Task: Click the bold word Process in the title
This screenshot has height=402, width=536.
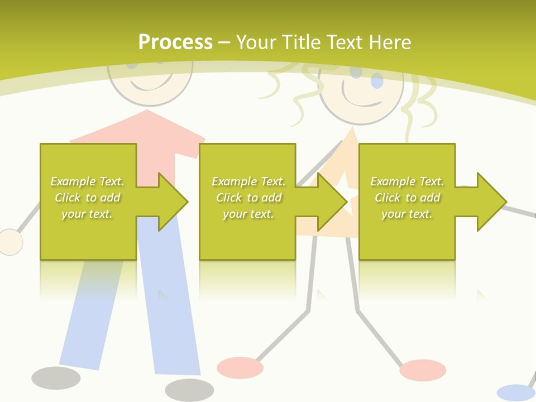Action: [175, 42]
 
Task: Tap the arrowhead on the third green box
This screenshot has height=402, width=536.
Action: [491, 202]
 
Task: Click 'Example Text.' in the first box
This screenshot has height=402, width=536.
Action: [88, 181]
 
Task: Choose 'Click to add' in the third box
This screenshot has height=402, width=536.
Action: [407, 198]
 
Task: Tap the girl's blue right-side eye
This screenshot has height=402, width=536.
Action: [377, 81]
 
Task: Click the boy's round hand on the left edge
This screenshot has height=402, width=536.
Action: [9, 242]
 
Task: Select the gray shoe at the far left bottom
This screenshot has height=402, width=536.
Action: [56, 378]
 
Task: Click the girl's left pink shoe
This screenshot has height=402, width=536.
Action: [240, 367]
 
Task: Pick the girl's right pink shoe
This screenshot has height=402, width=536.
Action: [423, 370]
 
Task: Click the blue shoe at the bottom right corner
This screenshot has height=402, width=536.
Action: [515, 393]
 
